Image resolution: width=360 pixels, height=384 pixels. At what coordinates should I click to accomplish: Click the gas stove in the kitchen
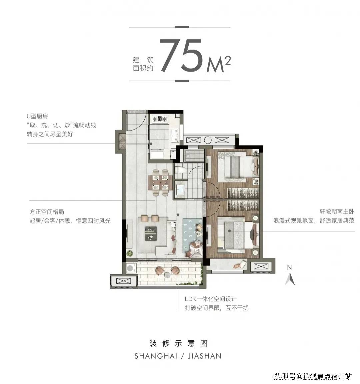pos(160,118)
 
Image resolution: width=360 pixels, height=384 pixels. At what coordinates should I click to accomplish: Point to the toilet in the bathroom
pos(180,170)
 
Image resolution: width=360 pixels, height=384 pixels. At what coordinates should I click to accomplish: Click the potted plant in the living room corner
pos(130,253)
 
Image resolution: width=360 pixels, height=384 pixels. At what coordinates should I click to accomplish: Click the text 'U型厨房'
pos(37,116)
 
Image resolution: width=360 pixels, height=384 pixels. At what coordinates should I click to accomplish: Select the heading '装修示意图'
pos(178,343)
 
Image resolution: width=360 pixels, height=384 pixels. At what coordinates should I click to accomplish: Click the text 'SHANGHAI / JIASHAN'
pos(178,356)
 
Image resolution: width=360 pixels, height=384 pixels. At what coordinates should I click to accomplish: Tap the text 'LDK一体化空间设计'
pos(211,299)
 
